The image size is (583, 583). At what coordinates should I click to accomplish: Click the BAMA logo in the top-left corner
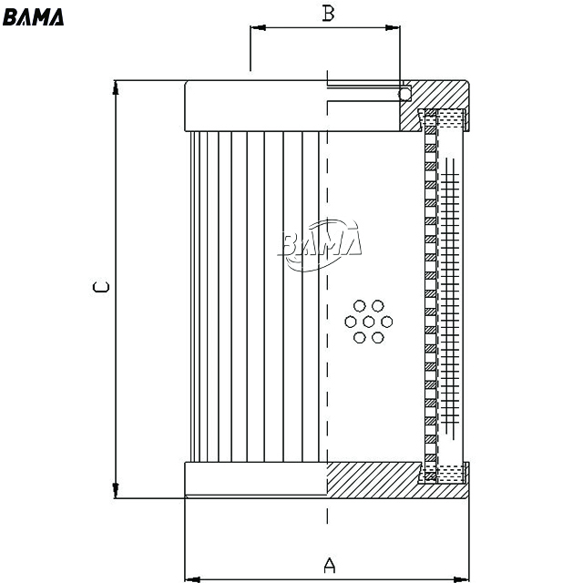point(33,17)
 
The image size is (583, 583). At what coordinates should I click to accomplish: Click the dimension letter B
point(328,14)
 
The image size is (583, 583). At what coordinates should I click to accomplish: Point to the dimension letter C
point(101,287)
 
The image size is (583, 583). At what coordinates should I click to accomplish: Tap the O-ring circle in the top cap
point(404,94)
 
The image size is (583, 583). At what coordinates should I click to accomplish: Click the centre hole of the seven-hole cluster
point(368,322)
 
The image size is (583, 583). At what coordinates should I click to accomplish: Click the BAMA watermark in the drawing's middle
point(320,245)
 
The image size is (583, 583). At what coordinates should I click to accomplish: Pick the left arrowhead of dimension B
point(258,27)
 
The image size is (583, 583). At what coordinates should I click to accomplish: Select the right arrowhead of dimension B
point(393,27)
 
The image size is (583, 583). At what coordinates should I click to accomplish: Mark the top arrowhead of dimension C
point(116,87)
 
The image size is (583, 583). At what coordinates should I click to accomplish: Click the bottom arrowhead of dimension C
point(116,490)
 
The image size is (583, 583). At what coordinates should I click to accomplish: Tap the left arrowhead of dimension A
point(192,579)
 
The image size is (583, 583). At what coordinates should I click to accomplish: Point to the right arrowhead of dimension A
point(462,579)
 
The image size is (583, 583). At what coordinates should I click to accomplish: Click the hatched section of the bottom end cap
point(375,480)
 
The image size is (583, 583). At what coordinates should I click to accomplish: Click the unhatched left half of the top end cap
point(256,106)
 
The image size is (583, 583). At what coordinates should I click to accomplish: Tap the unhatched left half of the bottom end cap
point(256,479)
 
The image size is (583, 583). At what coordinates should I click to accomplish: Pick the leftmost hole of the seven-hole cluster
point(350,322)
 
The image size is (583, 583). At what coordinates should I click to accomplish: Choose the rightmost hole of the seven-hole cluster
point(386,322)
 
